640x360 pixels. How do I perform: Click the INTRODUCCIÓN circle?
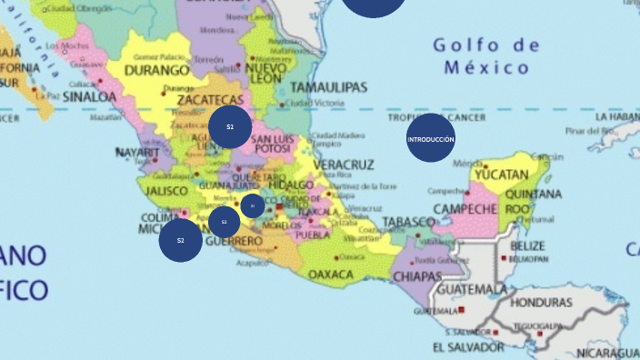coord(430,139)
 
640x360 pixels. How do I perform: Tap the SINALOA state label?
coord(88,95)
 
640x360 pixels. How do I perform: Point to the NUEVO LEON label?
coord(266,73)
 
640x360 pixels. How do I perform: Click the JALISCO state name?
coord(165,191)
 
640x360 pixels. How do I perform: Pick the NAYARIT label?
coord(137,153)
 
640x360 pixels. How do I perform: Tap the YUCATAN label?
coord(501,174)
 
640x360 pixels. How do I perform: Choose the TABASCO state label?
coord(408,222)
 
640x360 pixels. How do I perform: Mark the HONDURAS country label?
coord(542,302)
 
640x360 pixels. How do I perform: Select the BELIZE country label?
coord(527,245)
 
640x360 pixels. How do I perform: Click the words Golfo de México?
coord(486,55)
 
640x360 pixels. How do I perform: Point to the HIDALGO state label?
coord(291,185)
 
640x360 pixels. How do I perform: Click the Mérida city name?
coord(468,165)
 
